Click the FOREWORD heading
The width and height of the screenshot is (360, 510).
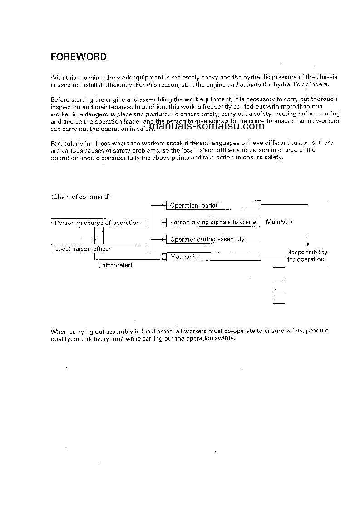79,57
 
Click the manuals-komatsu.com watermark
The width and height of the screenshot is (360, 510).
207,126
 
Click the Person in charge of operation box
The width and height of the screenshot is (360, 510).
98,223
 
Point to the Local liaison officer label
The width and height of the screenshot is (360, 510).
83,249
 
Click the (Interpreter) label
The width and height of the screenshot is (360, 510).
115,265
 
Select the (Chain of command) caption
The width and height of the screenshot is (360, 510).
81,197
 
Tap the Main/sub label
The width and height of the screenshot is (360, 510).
279,222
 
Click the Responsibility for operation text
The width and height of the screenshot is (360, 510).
307,256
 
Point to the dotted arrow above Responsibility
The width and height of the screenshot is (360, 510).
308,241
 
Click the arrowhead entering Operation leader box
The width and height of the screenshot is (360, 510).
164,206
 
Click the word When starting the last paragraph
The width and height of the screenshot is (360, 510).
58,332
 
